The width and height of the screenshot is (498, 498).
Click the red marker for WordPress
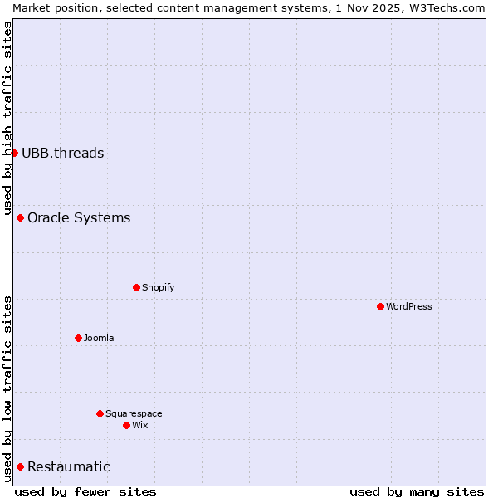tap(380, 306)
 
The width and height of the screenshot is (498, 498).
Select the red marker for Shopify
tap(136, 287)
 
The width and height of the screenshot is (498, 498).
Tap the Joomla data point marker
tap(78, 338)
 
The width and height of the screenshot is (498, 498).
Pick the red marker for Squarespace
tap(100, 413)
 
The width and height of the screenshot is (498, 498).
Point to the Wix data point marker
tap(126, 425)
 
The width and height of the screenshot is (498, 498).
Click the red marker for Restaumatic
tap(20, 466)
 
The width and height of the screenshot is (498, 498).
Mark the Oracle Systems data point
tap(20, 217)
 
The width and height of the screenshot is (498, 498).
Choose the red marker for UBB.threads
tap(14, 153)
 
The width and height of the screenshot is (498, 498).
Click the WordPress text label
tap(409, 306)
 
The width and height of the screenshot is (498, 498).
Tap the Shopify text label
tap(158, 287)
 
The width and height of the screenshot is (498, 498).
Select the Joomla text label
tap(99, 338)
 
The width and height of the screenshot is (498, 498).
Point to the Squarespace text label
tap(134, 413)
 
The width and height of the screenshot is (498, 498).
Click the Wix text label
tap(140, 425)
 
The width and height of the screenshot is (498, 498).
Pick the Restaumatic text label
tap(69, 466)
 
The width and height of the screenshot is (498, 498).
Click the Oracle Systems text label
tap(79, 217)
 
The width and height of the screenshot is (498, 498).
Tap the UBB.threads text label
tap(63, 153)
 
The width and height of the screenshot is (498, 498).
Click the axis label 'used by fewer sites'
tap(85, 491)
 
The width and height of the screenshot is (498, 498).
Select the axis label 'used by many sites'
tap(417, 491)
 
